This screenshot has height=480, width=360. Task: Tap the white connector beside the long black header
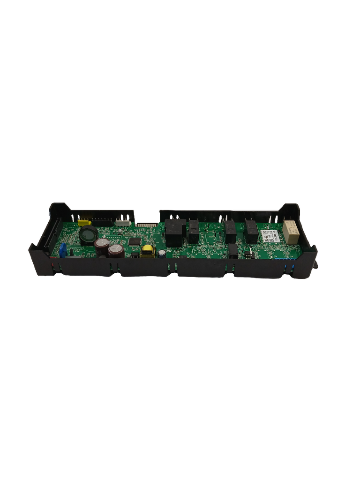click(122, 224)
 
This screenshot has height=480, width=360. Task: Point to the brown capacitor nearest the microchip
click(116, 250)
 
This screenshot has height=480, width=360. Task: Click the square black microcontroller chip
click(134, 241)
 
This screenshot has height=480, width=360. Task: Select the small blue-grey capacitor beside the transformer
click(162, 253)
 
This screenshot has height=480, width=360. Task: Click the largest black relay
click(175, 232)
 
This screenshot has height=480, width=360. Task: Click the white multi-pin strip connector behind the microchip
click(145, 225)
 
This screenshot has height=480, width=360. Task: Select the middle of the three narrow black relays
click(230, 231)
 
